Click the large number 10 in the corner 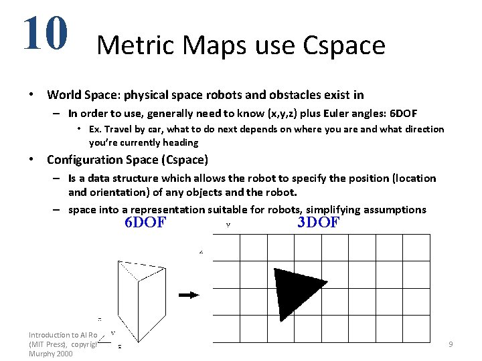[45, 33]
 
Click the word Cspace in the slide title [344, 45]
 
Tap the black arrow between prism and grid [189, 294]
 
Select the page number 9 [451, 344]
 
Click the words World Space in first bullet [80, 95]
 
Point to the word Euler [320, 114]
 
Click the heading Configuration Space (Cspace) [127, 160]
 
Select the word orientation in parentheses [116, 192]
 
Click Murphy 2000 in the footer [50, 354]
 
